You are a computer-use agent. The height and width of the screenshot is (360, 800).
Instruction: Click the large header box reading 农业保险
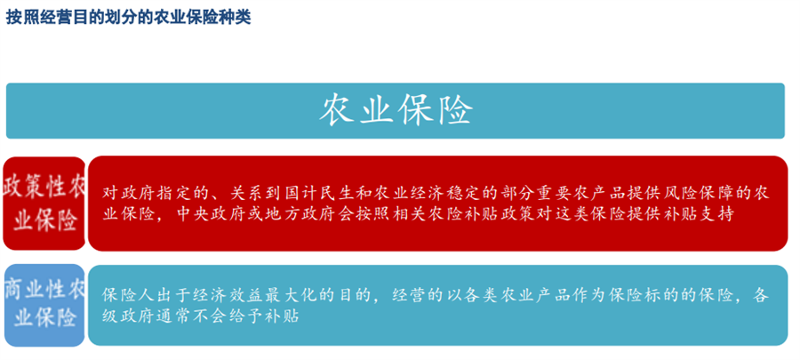tap(396, 110)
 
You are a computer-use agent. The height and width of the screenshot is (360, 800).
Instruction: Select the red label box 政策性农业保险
tap(44, 204)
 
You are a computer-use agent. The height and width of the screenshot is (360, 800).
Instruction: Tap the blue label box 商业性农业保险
tap(44, 304)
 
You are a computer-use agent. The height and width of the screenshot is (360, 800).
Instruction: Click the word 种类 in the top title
tap(236, 17)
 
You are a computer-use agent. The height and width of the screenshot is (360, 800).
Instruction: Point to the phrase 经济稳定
tap(425, 192)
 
